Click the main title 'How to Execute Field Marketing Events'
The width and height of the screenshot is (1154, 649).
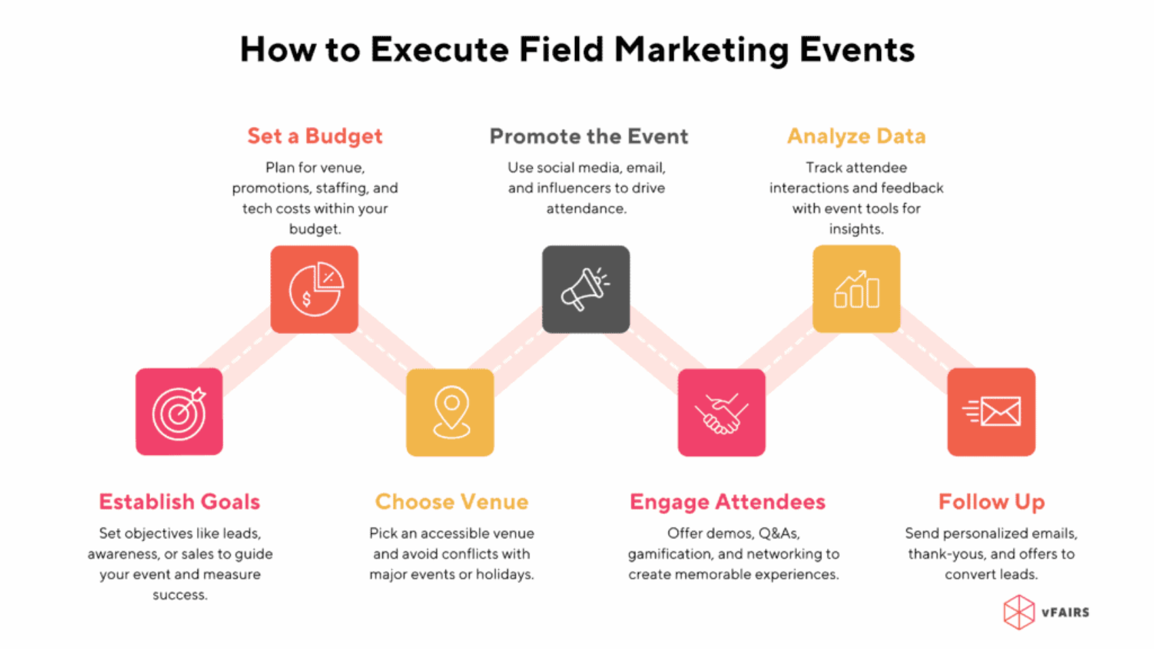click(x=577, y=50)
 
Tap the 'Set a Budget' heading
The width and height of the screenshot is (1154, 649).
click(x=315, y=136)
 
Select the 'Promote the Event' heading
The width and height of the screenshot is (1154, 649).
click(x=589, y=136)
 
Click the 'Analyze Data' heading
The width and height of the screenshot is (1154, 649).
click(x=856, y=136)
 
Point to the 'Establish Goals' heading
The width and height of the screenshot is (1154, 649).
click(x=180, y=502)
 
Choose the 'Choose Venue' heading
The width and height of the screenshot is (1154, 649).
click(x=451, y=502)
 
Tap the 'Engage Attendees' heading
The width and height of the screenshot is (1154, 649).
click(x=727, y=502)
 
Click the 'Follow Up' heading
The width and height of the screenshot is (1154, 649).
click(x=991, y=502)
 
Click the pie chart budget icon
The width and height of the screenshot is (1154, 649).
click(x=314, y=289)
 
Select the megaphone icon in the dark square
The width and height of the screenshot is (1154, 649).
click(x=585, y=289)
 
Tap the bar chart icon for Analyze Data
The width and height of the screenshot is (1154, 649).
click(x=856, y=289)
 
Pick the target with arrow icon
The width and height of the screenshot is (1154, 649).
click(x=179, y=412)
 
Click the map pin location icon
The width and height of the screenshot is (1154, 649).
click(x=451, y=412)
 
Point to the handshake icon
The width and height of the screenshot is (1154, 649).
click(x=721, y=413)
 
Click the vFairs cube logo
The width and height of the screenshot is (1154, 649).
click(x=1018, y=612)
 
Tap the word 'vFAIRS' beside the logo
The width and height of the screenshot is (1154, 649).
click(x=1065, y=612)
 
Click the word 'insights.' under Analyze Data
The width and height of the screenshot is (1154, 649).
click(x=856, y=229)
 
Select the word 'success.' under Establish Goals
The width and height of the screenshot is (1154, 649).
click(x=180, y=595)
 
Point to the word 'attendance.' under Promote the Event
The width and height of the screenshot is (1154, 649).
click(x=587, y=208)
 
